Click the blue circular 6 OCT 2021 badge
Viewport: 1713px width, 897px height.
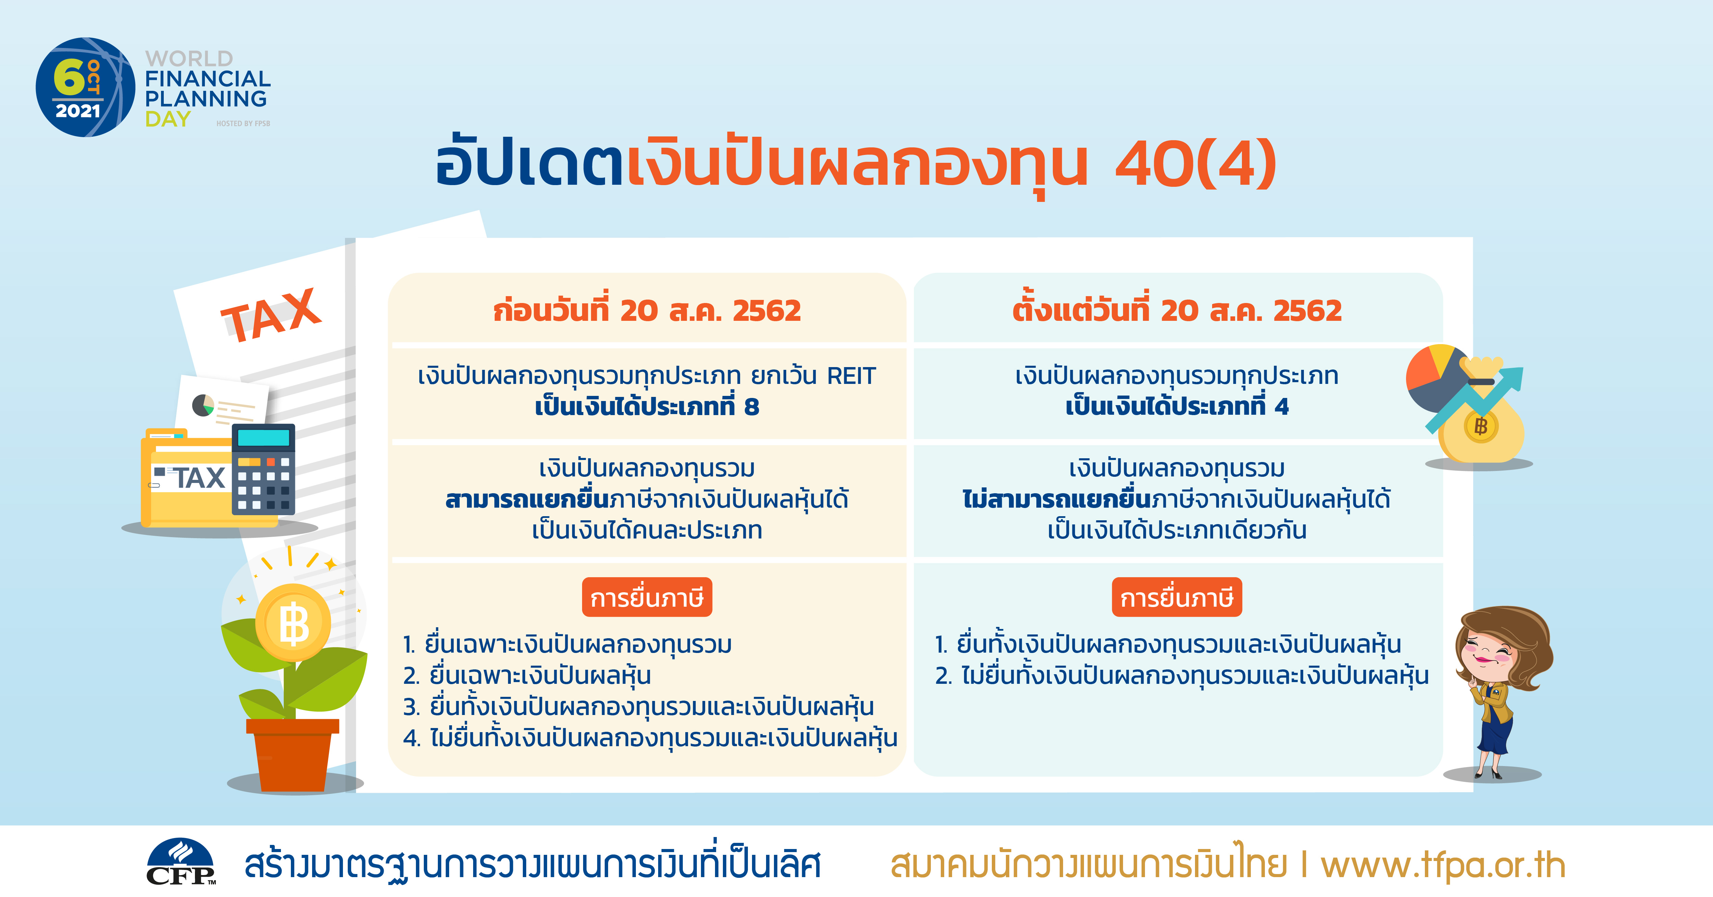click(85, 87)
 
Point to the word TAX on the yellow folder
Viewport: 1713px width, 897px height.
click(199, 478)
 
